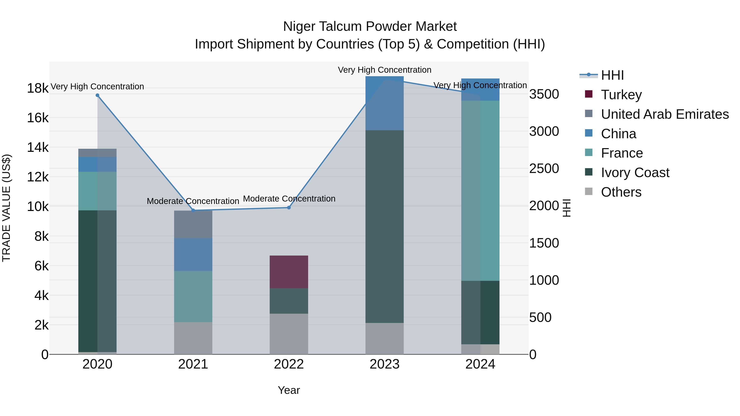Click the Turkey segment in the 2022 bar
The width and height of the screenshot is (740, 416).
pyautogui.click(x=289, y=272)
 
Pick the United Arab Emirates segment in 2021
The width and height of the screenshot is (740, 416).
pyautogui.click(x=193, y=224)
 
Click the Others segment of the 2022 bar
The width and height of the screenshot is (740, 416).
pyautogui.click(x=289, y=334)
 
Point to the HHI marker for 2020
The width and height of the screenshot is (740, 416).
pyautogui.click(x=97, y=95)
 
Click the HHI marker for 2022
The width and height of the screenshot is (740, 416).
pyautogui.click(x=289, y=207)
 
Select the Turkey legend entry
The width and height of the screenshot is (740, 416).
pyautogui.click(x=621, y=94)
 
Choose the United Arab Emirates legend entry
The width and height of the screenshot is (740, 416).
pyautogui.click(x=664, y=114)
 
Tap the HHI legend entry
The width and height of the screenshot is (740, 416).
pyautogui.click(x=612, y=75)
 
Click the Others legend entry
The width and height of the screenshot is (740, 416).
pyautogui.click(x=621, y=192)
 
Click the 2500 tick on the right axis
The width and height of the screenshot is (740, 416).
pyautogui.click(x=544, y=168)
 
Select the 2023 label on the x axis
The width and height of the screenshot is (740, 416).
pyautogui.click(x=384, y=364)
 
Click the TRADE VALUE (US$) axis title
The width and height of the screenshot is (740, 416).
pyautogui.click(x=7, y=208)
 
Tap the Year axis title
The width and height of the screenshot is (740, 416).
pyautogui.click(x=289, y=390)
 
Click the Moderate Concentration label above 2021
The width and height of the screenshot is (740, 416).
pyautogui.click(x=193, y=201)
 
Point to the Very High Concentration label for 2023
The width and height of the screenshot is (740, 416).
pyautogui.click(x=384, y=70)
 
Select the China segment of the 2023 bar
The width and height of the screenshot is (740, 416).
pyautogui.click(x=384, y=103)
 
